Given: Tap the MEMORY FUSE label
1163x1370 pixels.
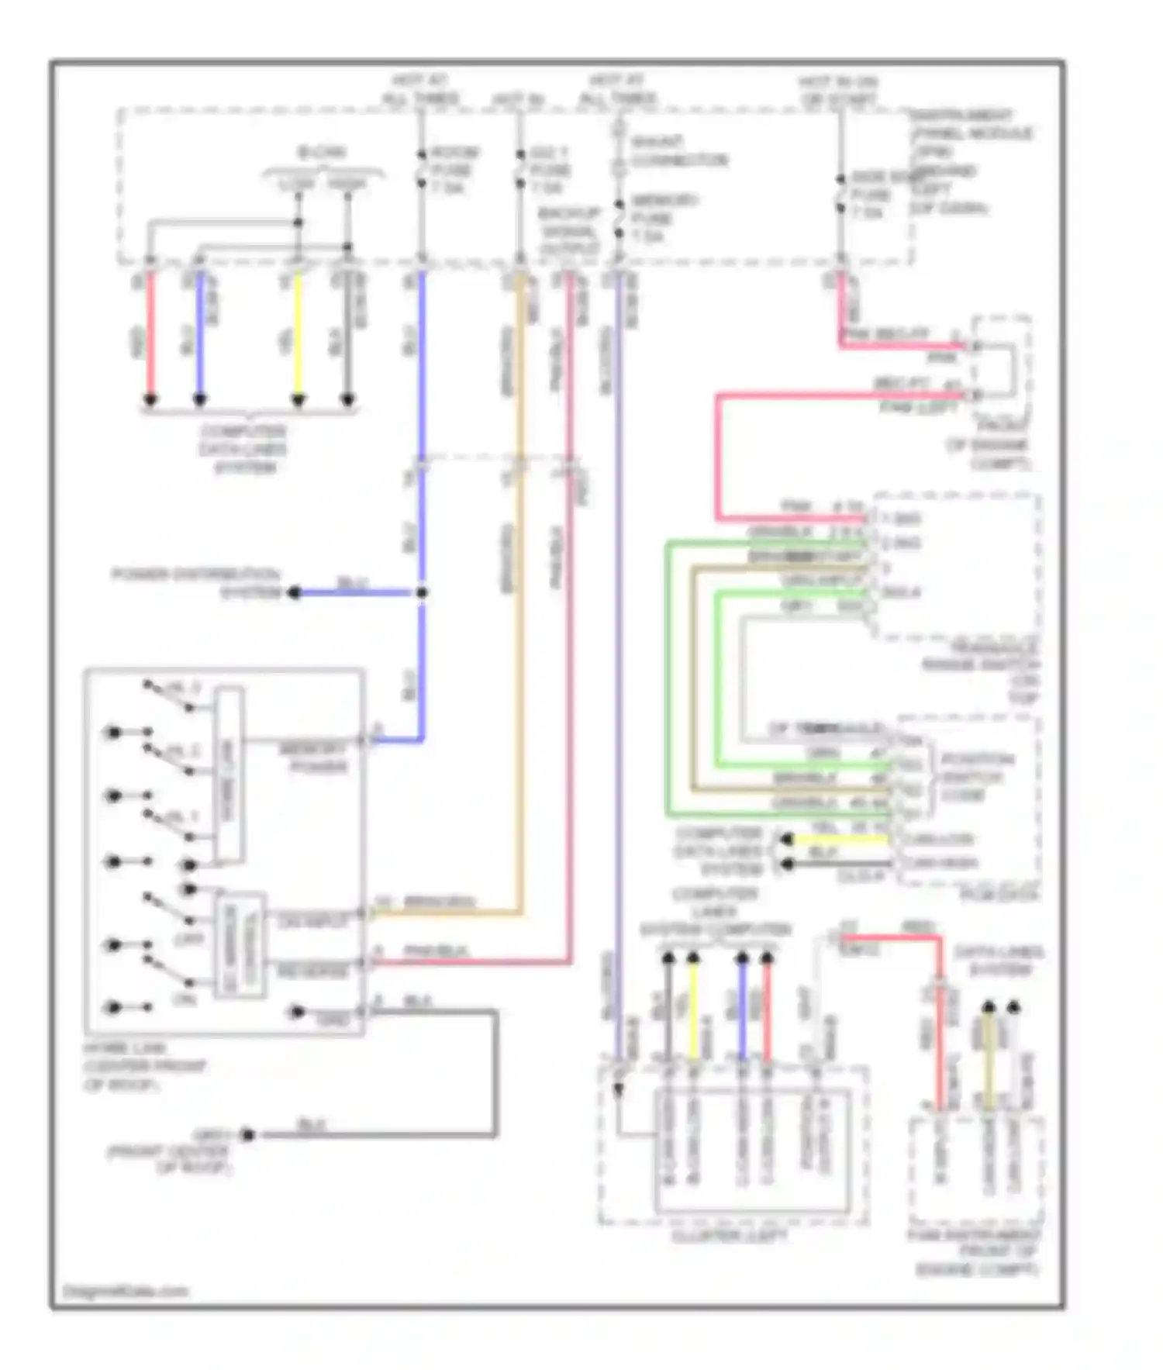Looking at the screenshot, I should coord(664,218).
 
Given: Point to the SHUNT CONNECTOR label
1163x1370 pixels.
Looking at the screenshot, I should coord(679,151).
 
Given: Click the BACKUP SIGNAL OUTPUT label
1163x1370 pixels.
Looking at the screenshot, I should coord(570,230).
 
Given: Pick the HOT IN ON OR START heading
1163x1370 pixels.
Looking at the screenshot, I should coord(838,91).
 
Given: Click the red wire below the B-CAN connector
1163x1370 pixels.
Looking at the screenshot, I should coord(150,333).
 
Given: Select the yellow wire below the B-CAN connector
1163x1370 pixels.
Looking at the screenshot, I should coord(298,333).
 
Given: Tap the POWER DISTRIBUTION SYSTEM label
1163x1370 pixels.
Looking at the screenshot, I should coord(196,584).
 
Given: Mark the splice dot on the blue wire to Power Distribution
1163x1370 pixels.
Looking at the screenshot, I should coord(422,593).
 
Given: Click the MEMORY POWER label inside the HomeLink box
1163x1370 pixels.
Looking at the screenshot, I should coord(314,757).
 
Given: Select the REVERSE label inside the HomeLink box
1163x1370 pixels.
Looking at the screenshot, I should coord(312,971).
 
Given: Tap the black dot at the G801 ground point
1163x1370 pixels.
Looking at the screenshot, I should coord(247,1135).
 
